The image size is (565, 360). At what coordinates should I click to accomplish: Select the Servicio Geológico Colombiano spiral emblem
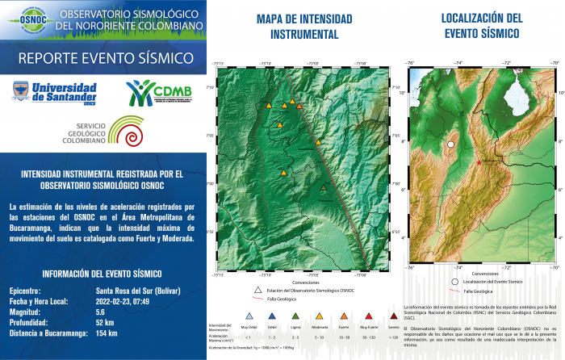[130, 132]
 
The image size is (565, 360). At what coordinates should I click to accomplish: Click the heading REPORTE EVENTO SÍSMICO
[105, 58]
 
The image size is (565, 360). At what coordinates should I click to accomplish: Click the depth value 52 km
[105, 321]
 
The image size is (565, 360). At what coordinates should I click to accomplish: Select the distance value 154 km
[107, 332]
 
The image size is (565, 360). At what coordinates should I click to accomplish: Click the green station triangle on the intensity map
[324, 187]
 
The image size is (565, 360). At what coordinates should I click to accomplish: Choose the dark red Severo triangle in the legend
[393, 317]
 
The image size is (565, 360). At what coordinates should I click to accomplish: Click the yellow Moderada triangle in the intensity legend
[320, 317]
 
